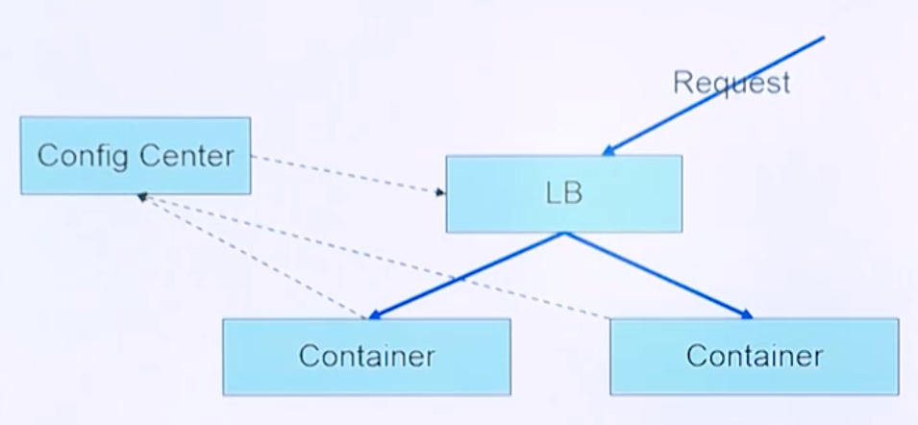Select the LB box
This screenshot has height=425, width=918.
pyautogui.click(x=564, y=193)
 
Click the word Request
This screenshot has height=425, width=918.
pyautogui.click(x=731, y=82)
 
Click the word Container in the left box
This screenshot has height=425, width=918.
pyautogui.click(x=366, y=356)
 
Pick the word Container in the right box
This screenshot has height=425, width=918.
pyautogui.click(x=754, y=356)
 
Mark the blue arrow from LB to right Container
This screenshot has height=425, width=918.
pyautogui.click(x=658, y=274)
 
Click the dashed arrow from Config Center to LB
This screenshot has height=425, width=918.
pyautogui.click(x=346, y=173)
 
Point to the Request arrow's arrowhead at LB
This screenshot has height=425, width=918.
pyautogui.click(x=609, y=150)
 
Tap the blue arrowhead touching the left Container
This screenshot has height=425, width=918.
pyautogui.click(x=375, y=314)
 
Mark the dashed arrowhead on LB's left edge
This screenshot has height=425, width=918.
pyautogui.click(x=440, y=192)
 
